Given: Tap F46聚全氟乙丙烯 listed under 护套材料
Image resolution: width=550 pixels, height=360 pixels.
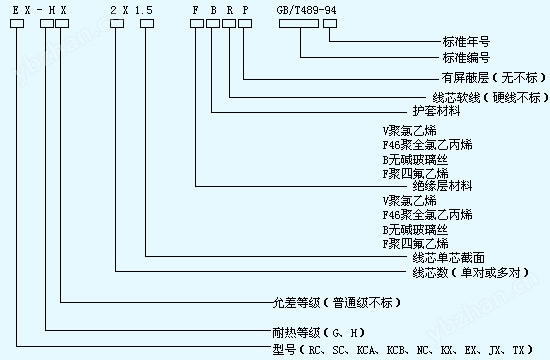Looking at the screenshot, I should point(421,144).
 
